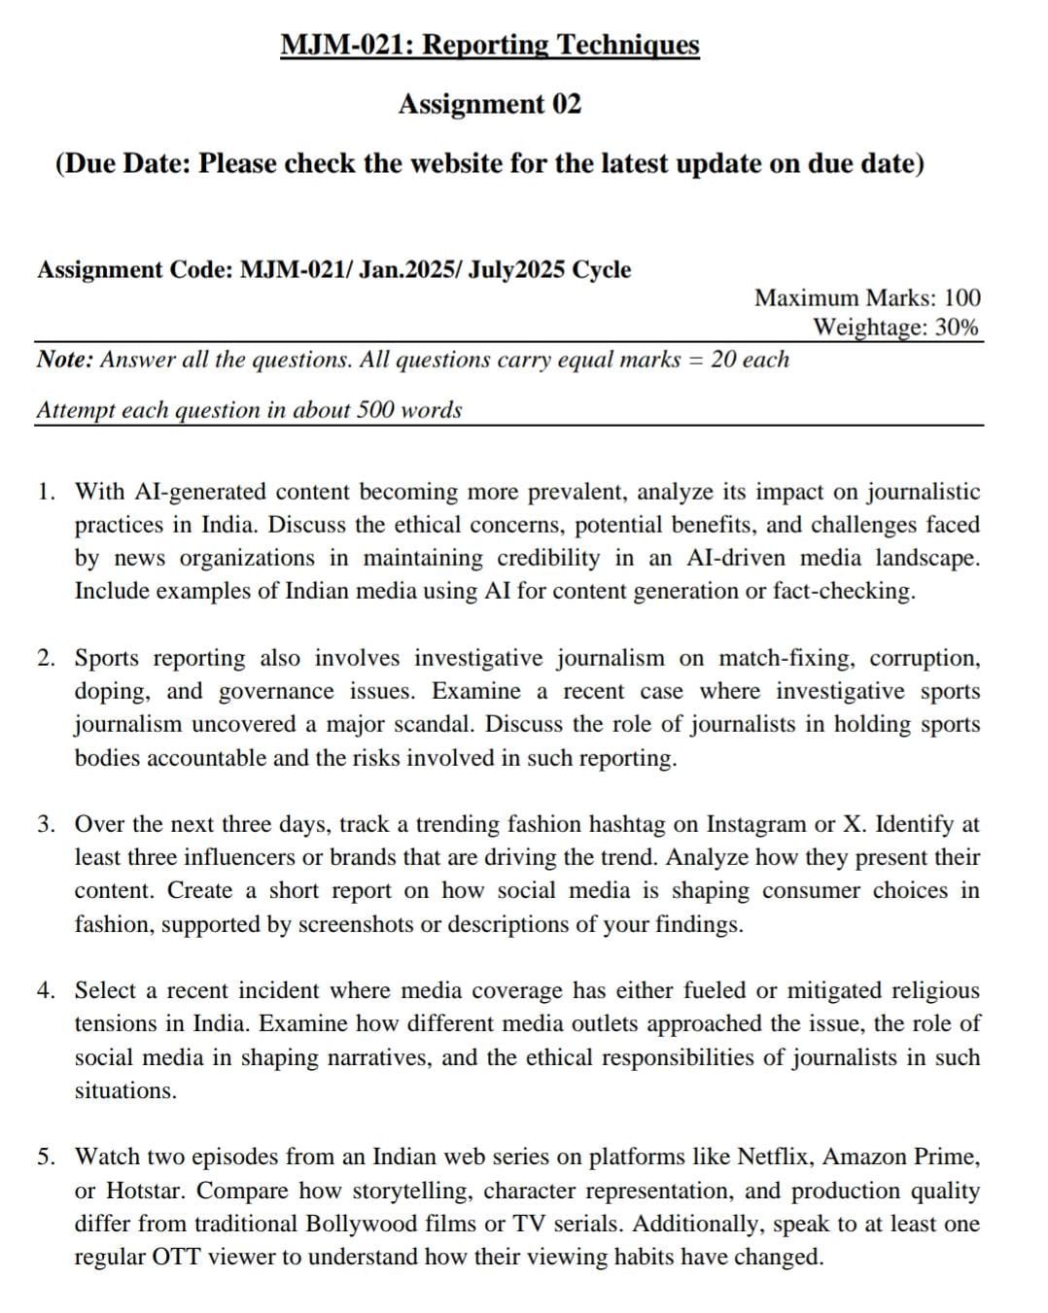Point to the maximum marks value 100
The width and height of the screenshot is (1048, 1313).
coord(962,297)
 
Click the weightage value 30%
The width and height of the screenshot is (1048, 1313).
coord(957,327)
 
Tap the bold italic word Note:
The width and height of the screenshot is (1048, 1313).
coord(65,360)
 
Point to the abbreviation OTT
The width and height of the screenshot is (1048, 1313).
coord(176,1257)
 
